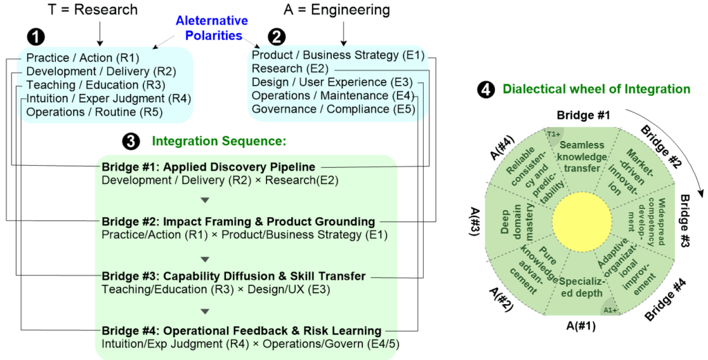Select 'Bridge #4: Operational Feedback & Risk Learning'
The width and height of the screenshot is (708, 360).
pyautogui.click(x=241, y=330)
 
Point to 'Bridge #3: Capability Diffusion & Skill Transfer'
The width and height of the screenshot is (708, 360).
pyautogui.click(x=234, y=276)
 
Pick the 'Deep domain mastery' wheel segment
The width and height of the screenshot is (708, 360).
pyautogui.click(x=513, y=218)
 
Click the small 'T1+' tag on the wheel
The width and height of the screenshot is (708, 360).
pyautogui.click(x=553, y=134)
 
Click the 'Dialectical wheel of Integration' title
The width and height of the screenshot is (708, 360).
pyautogui.click(x=596, y=89)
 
